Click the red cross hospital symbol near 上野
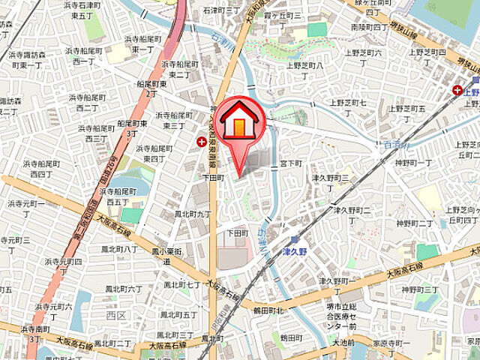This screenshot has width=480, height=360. coord(457,90)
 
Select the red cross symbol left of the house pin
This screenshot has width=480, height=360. coord(201,141)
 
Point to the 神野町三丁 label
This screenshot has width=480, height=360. coord(419,289)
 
